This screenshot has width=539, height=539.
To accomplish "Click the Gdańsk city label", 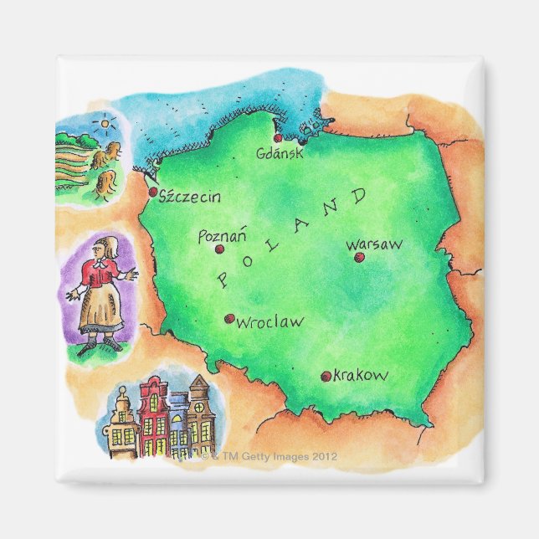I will point(280,154).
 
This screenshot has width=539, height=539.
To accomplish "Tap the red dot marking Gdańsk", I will point(278,138).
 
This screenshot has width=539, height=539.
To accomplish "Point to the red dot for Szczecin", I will point(153,192).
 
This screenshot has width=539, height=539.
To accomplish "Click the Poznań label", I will point(221,236).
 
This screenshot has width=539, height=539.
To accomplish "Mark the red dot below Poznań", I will point(219,249).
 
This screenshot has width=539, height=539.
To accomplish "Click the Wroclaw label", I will point(269,321).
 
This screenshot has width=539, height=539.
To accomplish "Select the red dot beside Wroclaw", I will point(228,318).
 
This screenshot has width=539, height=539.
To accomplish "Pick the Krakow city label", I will point(361,376).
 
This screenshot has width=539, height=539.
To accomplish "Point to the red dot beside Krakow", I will point(326,377).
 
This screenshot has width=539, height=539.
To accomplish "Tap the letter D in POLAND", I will point(359,198).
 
